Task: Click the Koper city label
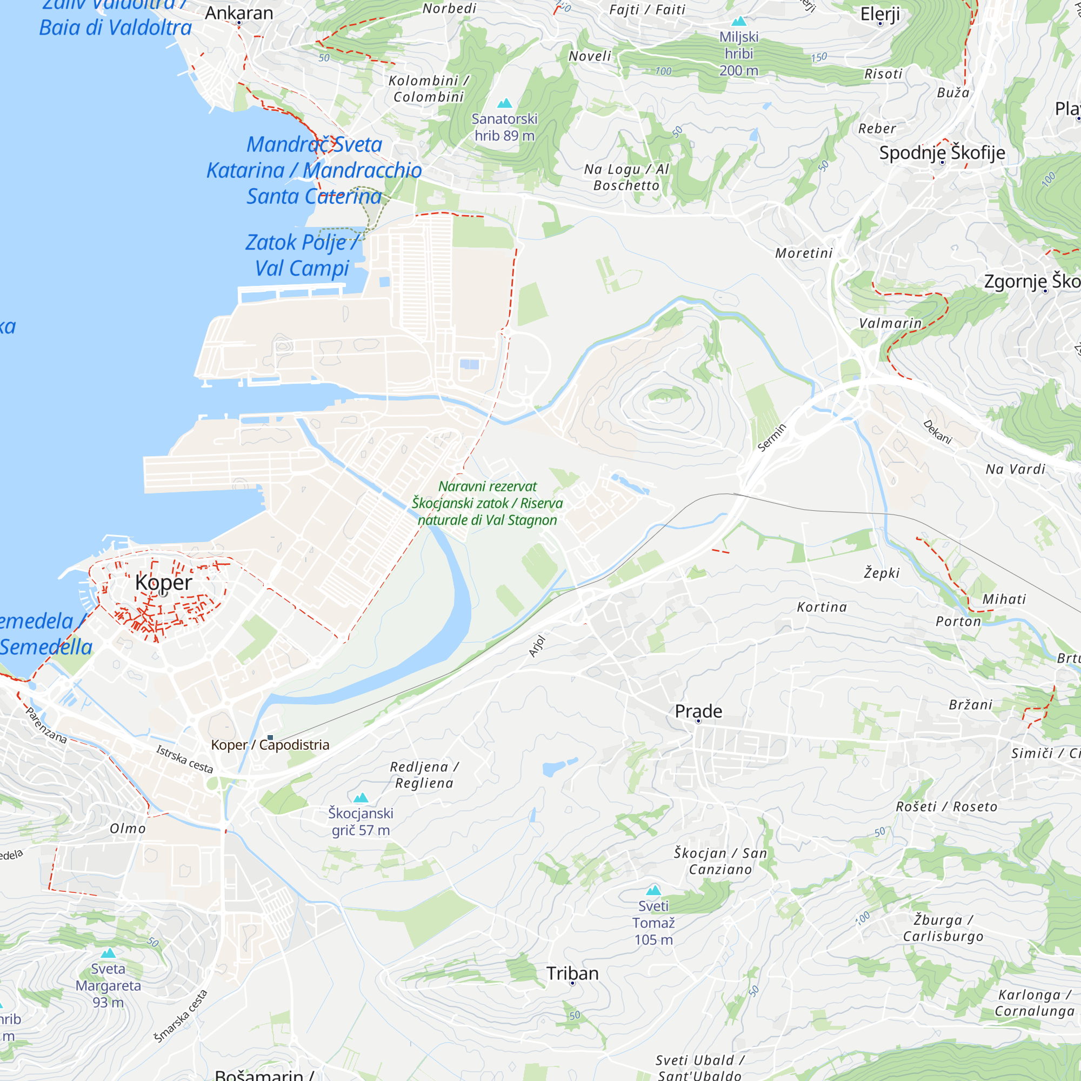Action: click(163, 583)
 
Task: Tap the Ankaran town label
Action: click(239, 13)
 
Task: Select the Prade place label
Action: click(698, 711)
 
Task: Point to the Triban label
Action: click(572, 973)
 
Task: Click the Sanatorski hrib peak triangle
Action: click(505, 104)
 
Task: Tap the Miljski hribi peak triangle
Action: click(738, 22)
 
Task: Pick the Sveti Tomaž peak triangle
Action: click(653, 890)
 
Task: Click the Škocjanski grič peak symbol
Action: click(361, 798)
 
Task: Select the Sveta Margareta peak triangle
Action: click(108, 953)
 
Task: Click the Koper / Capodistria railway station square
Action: click(270, 738)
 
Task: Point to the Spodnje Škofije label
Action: click(942, 152)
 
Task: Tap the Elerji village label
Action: click(879, 14)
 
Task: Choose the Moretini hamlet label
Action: click(804, 253)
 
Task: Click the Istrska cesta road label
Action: click(185, 759)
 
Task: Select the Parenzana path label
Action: click(46, 725)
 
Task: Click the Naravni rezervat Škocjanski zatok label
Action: click(487, 503)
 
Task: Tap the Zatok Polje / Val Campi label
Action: click(302, 255)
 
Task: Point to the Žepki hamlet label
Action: click(881, 573)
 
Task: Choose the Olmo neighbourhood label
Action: click(128, 829)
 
